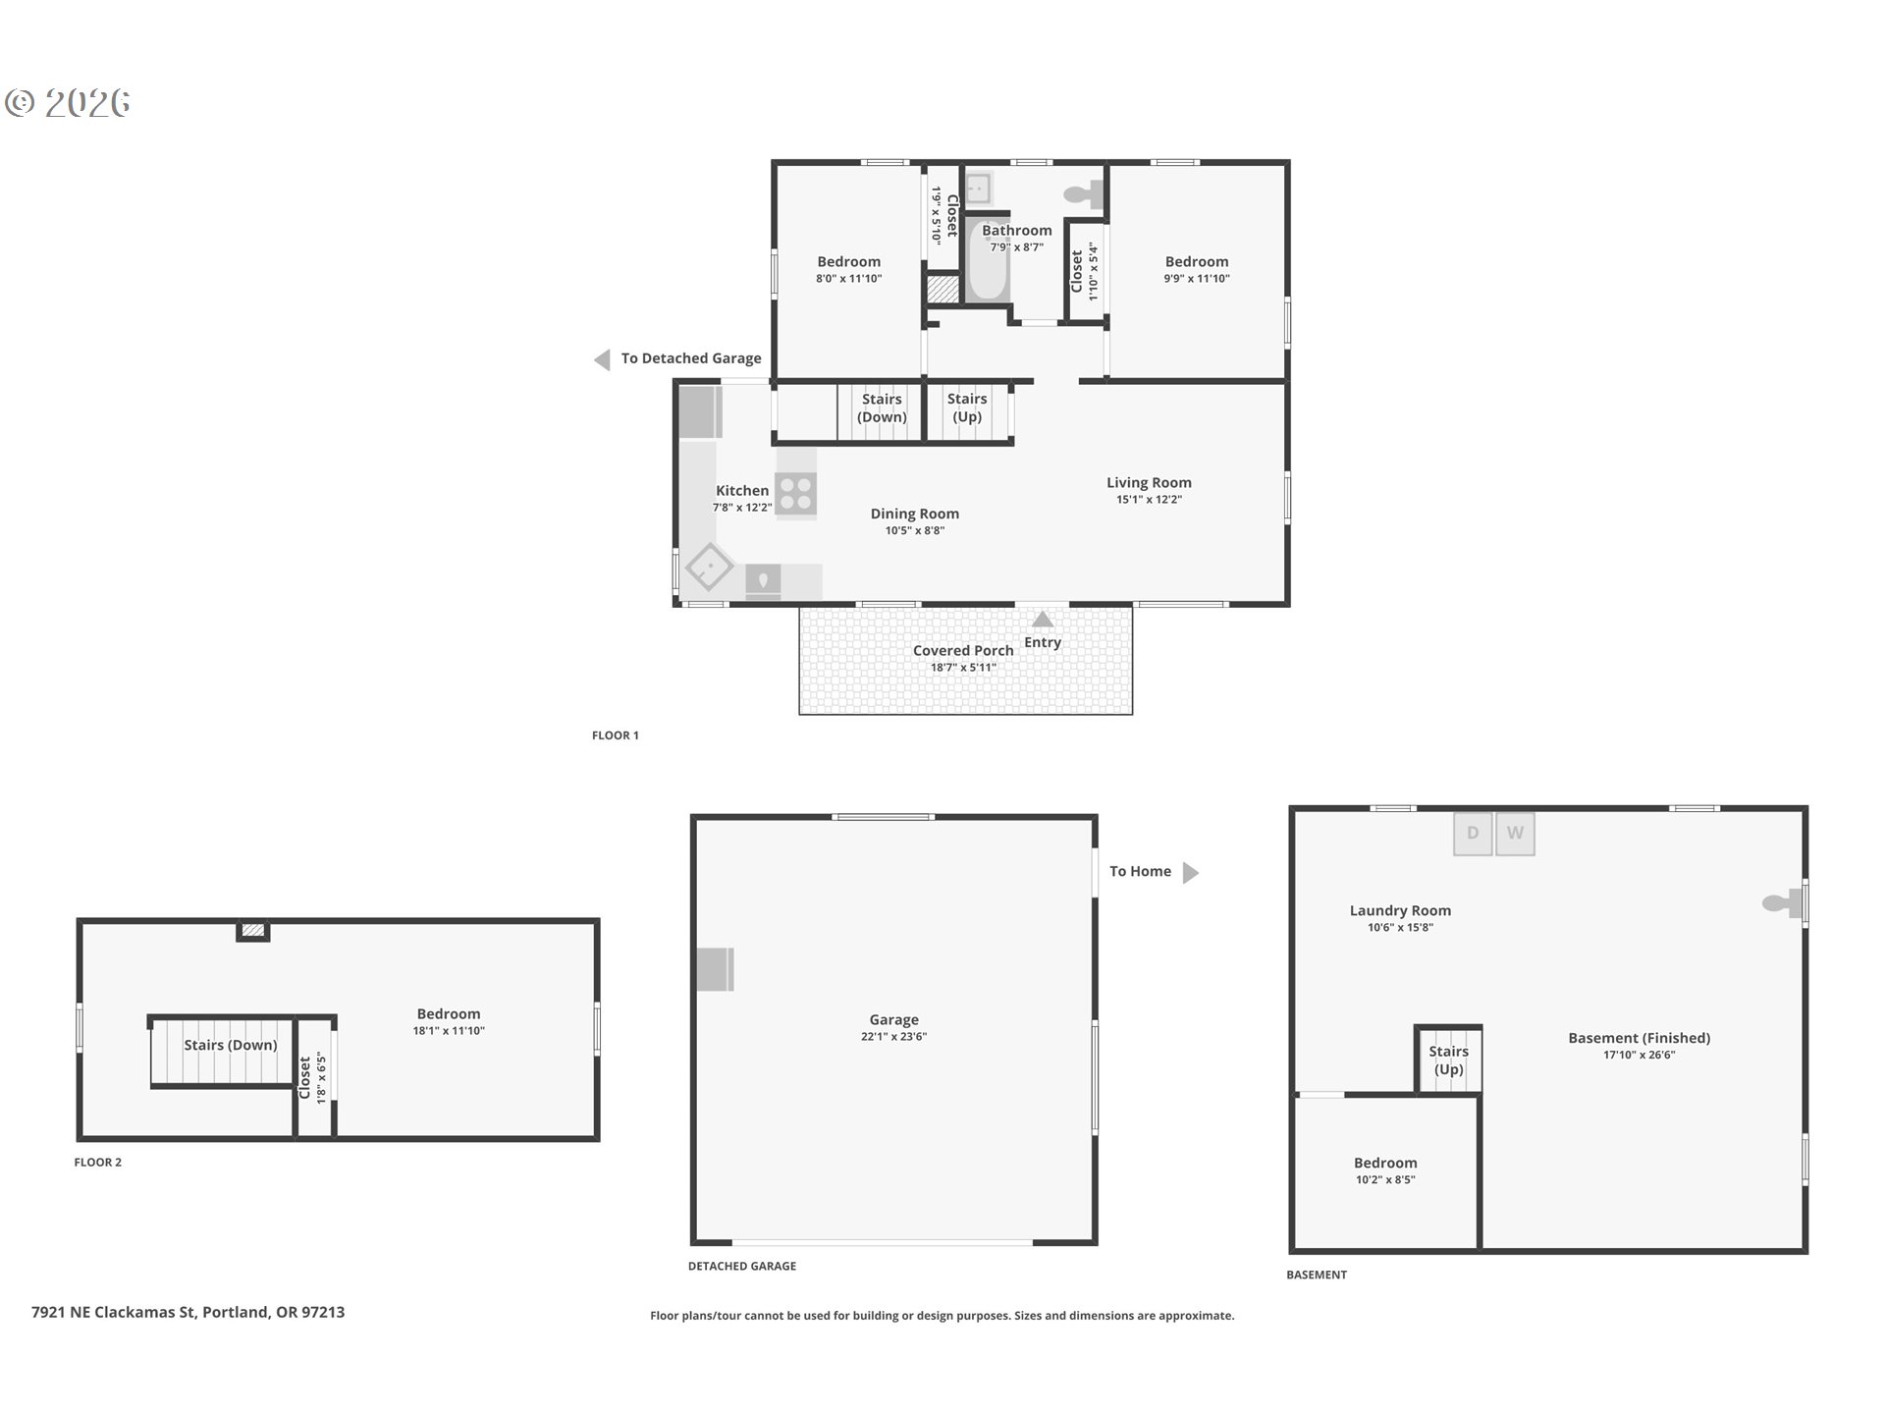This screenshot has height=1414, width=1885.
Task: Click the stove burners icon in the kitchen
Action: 795,493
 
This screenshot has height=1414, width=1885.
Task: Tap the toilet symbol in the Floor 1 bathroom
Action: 1085,194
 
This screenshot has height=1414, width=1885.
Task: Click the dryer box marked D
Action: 1473,834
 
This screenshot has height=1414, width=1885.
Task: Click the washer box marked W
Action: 1515,834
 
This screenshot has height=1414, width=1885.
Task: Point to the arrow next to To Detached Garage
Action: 603,359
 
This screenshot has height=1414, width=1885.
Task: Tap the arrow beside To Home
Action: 1190,872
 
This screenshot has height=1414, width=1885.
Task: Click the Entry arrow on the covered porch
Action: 1043,620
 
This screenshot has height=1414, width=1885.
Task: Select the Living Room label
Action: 1149,482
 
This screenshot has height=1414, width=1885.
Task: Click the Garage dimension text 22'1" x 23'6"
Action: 893,1037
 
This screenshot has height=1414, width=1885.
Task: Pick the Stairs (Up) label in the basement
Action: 1448,1060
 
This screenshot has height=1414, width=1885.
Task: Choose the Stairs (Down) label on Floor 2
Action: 231,1045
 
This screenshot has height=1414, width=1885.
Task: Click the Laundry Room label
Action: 1400,910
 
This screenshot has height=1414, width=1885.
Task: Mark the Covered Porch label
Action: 963,650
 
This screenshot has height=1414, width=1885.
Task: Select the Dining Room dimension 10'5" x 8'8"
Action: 914,531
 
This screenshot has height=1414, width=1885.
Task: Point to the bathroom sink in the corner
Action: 979,187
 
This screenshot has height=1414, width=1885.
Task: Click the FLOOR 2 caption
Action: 98,1163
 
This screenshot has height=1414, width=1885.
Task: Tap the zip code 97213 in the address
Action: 323,1312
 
